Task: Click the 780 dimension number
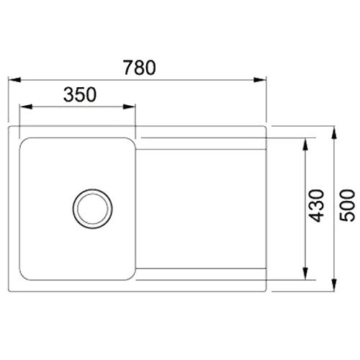[x=140, y=68]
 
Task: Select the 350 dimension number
[x=80, y=94]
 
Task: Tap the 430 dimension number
[x=316, y=206]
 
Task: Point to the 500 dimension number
[x=347, y=205]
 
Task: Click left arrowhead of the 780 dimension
[x=14, y=80]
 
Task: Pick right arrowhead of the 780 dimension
[x=260, y=80]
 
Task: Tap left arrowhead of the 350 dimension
[x=26, y=107]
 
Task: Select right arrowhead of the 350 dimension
[x=129, y=107]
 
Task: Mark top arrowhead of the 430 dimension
[x=305, y=145]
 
